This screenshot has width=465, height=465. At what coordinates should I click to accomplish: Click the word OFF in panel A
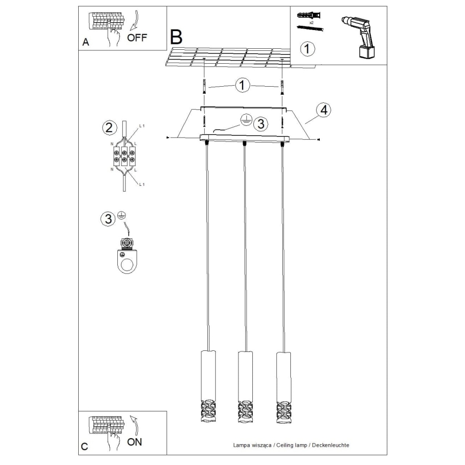point(137,37)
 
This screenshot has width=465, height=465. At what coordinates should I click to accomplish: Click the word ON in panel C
point(135,442)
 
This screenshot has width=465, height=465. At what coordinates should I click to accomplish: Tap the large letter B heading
point(176,37)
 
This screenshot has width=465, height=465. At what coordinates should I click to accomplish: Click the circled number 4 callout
point(323,110)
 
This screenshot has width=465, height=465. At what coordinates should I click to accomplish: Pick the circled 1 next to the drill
point(306,49)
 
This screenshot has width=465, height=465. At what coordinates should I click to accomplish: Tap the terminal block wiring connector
point(124,156)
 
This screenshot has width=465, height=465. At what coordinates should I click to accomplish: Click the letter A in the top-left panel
point(85,43)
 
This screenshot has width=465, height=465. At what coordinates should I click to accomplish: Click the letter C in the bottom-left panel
point(84,446)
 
